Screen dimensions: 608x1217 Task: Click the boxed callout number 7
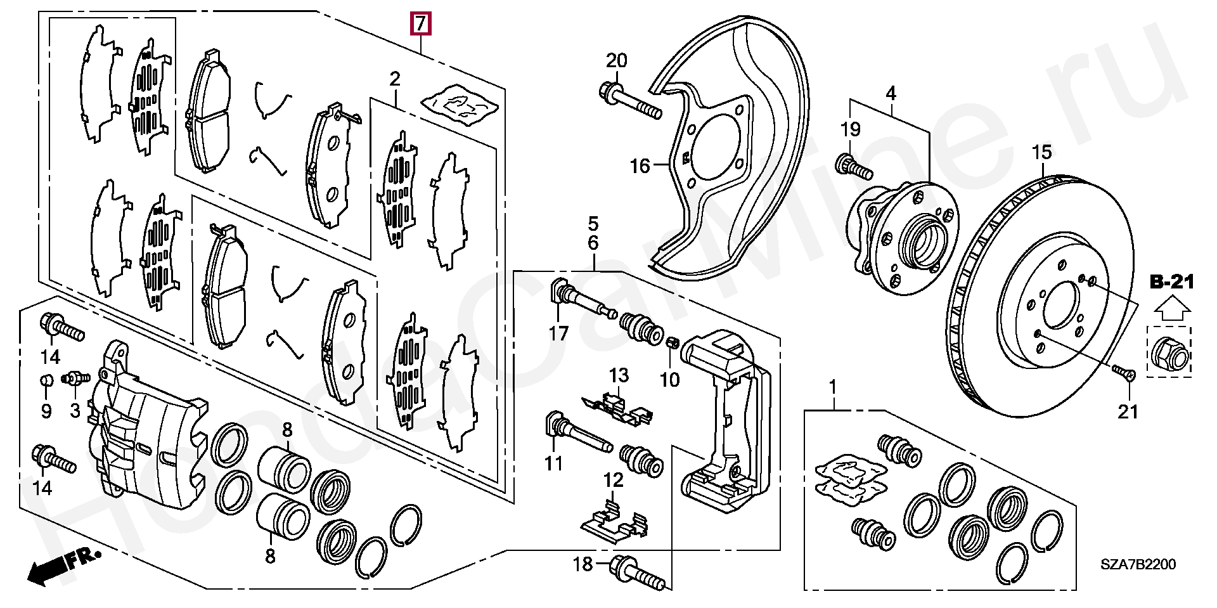coord(421,24)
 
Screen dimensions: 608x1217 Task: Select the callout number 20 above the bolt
coord(616,61)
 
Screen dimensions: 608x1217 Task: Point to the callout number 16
coord(640,166)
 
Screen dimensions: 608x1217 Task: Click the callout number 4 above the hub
coord(891,94)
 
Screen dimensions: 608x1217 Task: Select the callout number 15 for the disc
coord(1041,152)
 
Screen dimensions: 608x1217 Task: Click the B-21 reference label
coord(1172,282)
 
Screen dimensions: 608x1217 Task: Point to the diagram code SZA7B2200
coord(1138,564)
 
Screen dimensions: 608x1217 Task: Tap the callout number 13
coord(619,375)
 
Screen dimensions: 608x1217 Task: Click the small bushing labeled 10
coord(674,343)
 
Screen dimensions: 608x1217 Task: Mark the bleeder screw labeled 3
coord(75,378)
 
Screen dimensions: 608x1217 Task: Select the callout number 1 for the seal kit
coord(833,386)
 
